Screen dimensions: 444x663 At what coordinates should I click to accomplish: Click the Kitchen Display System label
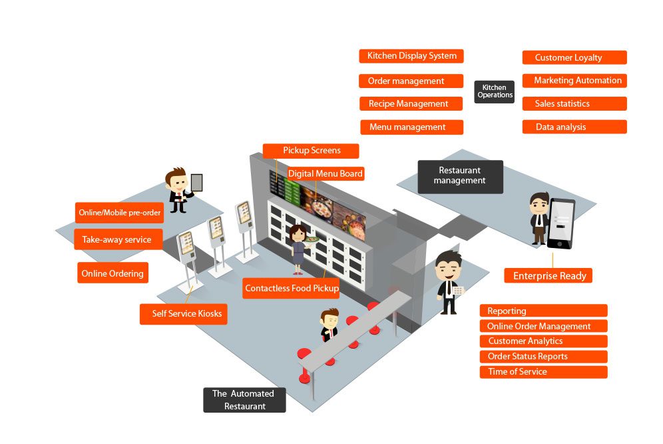(411, 56)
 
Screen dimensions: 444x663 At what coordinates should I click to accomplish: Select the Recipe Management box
(409, 104)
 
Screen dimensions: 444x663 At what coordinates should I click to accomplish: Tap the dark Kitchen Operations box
(495, 91)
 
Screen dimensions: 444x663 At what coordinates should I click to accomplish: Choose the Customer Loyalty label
(574, 57)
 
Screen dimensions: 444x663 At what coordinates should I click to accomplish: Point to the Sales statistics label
(574, 104)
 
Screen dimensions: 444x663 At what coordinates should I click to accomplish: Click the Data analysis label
(574, 127)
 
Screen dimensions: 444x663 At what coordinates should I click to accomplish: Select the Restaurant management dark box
(460, 176)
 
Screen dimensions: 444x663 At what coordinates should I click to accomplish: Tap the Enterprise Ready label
(549, 275)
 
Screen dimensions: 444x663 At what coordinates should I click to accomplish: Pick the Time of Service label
(543, 372)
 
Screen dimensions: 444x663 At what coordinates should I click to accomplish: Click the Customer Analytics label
(543, 341)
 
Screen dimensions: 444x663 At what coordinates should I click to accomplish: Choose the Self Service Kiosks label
(183, 314)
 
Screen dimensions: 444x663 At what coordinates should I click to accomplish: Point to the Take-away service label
(118, 239)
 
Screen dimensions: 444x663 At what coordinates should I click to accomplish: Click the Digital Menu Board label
(326, 174)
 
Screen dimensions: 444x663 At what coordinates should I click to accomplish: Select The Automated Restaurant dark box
(244, 400)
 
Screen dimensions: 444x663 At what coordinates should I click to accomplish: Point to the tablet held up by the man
(196, 183)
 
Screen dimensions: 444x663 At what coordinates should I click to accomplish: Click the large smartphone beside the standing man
(560, 223)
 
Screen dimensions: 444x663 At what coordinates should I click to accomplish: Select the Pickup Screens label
(311, 151)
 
